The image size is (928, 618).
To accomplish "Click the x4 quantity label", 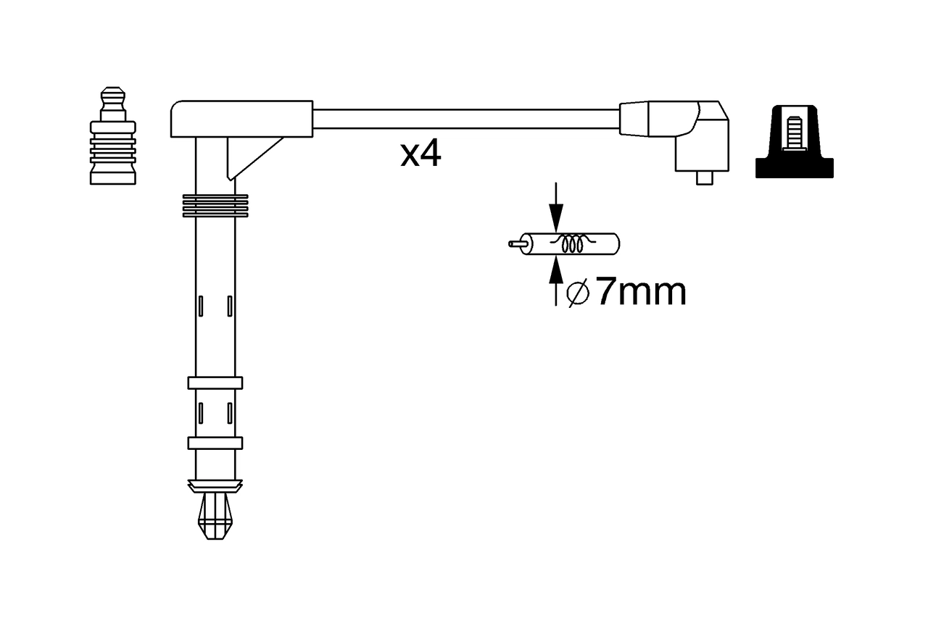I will pyautogui.click(x=420, y=154).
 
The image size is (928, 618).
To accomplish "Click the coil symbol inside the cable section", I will pyautogui.click(x=573, y=244).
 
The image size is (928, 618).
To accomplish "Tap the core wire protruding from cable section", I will pyautogui.click(x=515, y=244).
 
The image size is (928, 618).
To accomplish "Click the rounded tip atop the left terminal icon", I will pyautogui.click(x=112, y=93).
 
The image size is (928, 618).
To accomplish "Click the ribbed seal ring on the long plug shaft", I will pyautogui.click(x=215, y=205).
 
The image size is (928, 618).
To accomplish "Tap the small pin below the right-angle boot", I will pyautogui.click(x=703, y=178).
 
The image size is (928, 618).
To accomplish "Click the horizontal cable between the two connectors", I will pyautogui.click(x=464, y=119).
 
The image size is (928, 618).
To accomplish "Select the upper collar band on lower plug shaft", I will pyautogui.click(x=215, y=383).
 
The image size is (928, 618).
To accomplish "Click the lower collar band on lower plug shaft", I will pyautogui.click(x=215, y=443).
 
